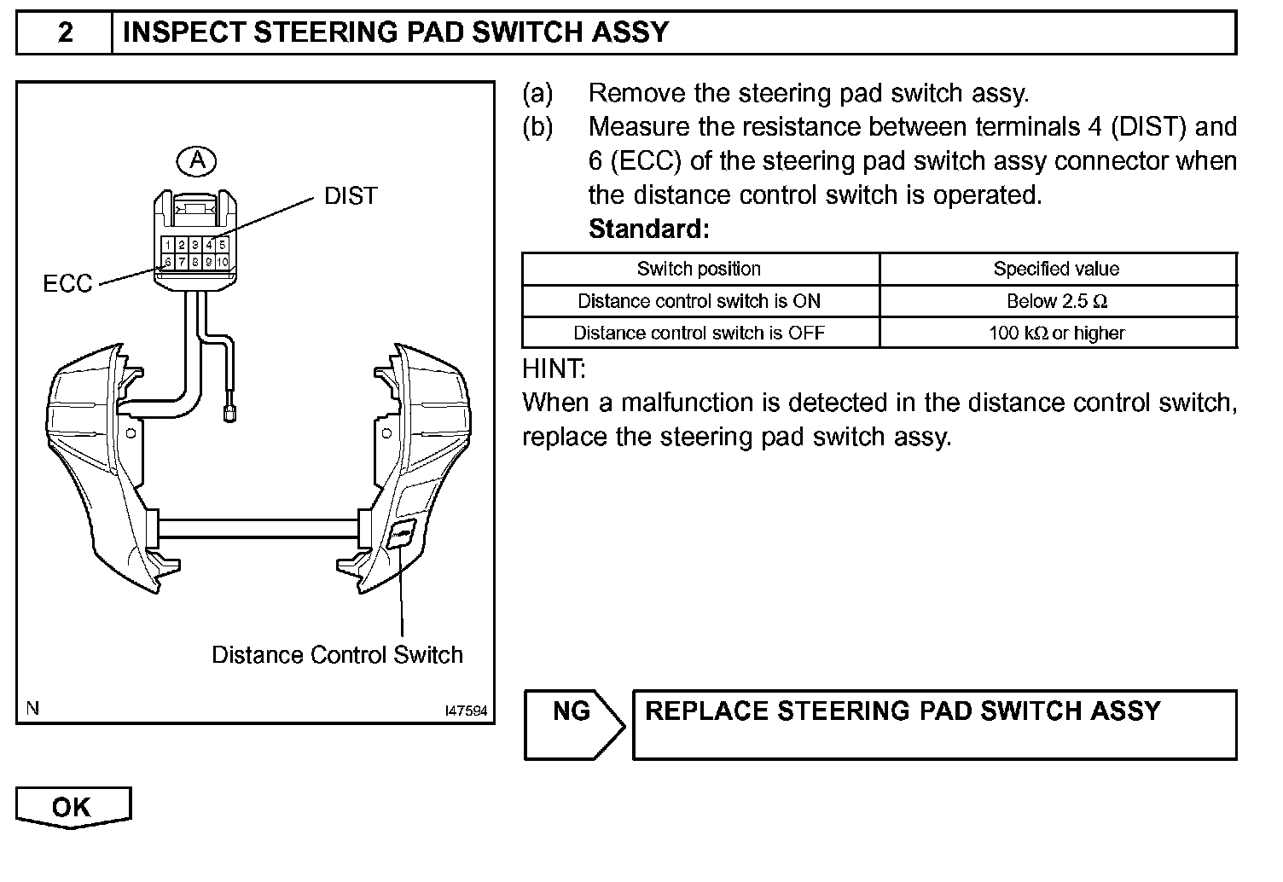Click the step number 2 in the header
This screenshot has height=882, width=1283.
point(66,33)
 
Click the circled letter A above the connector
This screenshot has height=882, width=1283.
point(197,160)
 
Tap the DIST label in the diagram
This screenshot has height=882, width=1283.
point(350,196)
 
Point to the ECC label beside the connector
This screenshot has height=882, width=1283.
point(67,283)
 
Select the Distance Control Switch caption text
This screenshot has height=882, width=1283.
point(337,655)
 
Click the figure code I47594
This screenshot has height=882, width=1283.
point(466,711)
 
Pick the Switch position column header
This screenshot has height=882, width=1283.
point(699,270)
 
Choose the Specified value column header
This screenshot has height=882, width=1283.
point(1056,270)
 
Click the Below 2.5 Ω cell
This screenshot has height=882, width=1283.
point(1056,301)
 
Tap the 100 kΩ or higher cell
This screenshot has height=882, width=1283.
point(1056,333)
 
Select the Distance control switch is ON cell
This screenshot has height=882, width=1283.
point(699,301)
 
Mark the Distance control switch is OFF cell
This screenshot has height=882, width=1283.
point(699,333)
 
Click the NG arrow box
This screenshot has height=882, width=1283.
point(573,724)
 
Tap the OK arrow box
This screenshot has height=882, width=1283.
point(73,807)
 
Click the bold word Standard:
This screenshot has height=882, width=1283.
point(648,229)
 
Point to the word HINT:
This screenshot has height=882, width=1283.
point(554,369)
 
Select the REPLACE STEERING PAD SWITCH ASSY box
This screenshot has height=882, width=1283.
point(934,724)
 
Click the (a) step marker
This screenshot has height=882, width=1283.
point(537,93)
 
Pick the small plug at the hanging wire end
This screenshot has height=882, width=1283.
point(229,414)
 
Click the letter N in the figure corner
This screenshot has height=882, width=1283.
point(32,707)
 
